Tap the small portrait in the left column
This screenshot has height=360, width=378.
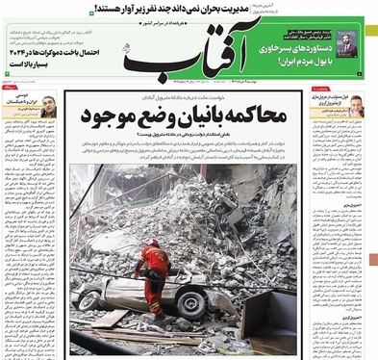(x=48, y=109)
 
